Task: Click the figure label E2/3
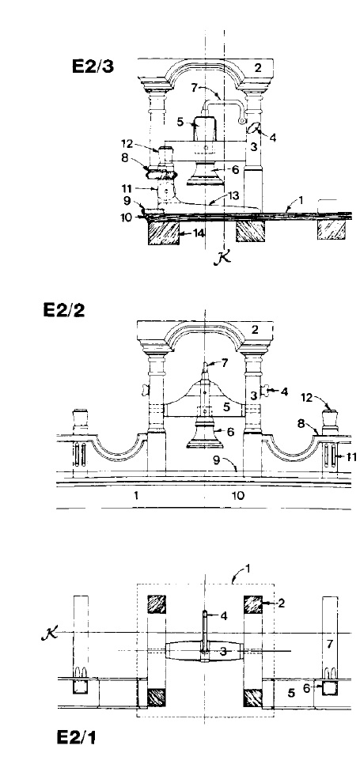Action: coord(93,66)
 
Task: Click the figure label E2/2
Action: coord(63,310)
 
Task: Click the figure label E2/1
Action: coord(77,737)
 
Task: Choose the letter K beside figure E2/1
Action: coord(50,634)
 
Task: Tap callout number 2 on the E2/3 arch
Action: coord(258,67)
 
